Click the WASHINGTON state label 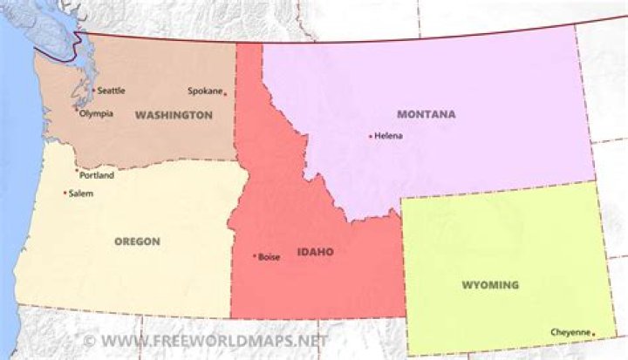pos(174,115)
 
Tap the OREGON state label pos(137,241)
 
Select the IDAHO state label pos(316,252)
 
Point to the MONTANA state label pos(426,114)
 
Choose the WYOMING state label pos(489,285)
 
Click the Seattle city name pos(111,91)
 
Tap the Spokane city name pos(204,91)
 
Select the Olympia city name pos(96,113)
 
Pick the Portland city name pos(97,175)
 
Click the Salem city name pos(80,194)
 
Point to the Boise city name pos(270,256)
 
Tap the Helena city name pos(388,136)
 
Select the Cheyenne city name pos(570,332)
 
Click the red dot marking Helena pos(371,136)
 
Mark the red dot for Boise pos(255,256)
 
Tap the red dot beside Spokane pos(225,94)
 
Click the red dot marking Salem pos(65,193)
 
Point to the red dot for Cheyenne pos(593,333)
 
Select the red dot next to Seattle pos(93,90)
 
